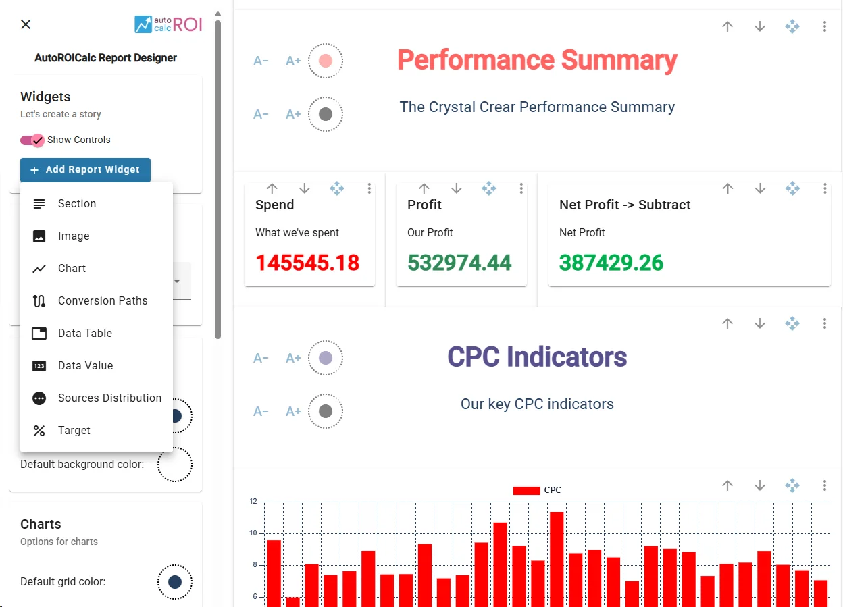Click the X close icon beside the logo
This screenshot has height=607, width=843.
[26, 24]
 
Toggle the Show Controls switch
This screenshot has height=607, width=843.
[32, 140]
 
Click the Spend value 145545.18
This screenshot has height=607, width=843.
[307, 263]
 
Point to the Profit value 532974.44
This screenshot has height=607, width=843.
[459, 263]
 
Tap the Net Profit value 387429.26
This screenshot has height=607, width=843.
[611, 263]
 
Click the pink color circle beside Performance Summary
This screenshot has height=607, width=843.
[326, 61]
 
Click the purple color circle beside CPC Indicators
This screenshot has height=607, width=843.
[326, 358]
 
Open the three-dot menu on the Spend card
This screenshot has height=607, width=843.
[369, 188]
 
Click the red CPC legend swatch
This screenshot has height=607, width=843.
[526, 490]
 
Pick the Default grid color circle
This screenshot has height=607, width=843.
[175, 582]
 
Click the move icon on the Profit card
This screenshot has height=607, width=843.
[488, 188]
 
